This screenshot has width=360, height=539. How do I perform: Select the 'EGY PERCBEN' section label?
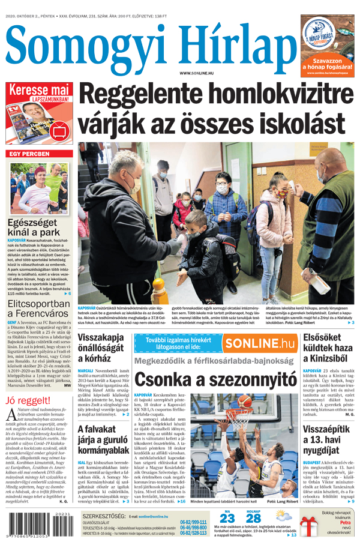29,154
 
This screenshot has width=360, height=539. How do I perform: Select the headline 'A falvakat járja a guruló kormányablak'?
103,440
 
